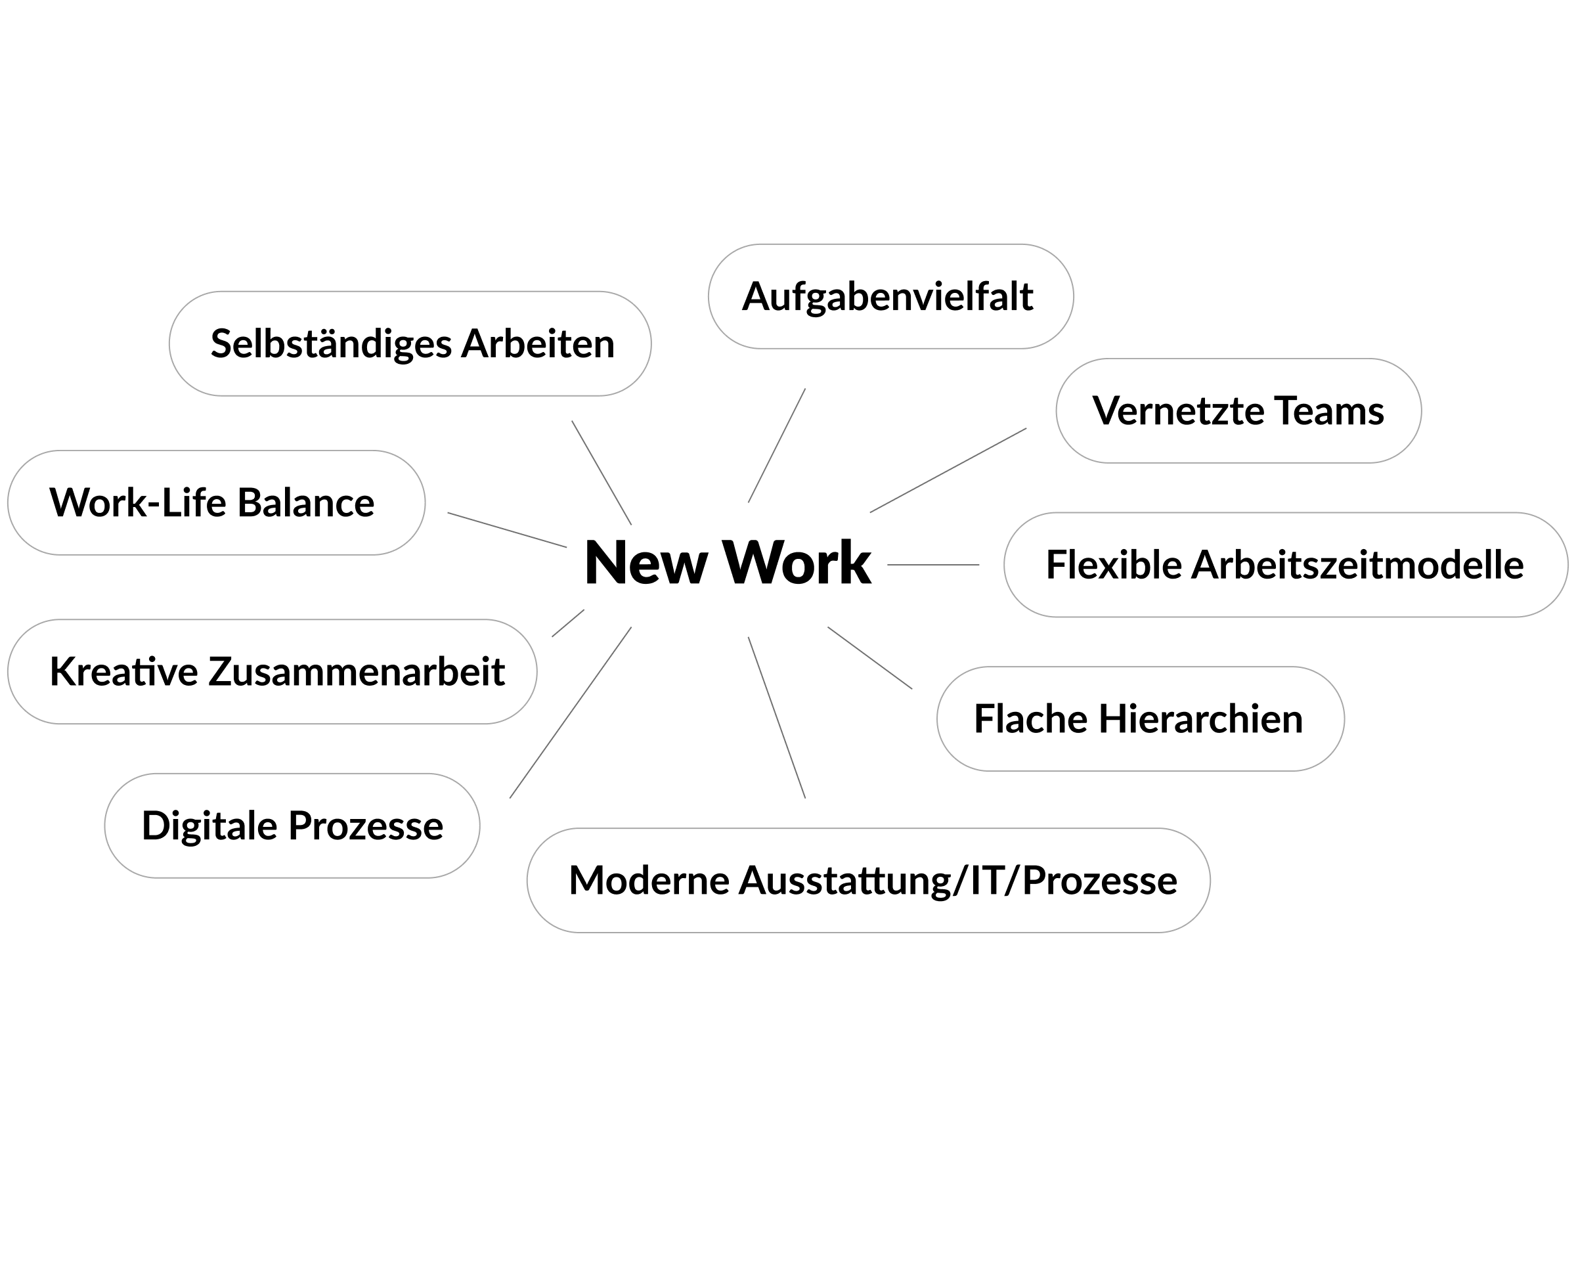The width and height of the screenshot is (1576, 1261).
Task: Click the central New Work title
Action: coord(728,563)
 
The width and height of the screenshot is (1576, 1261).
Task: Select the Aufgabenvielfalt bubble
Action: coord(890,297)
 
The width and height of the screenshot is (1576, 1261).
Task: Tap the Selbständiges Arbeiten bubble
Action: coord(410,343)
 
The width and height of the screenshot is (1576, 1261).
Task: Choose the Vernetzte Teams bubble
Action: coord(1238,411)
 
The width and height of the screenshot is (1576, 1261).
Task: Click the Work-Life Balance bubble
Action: coord(216,503)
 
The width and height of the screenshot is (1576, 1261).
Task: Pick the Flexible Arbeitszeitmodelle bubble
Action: coord(1285,565)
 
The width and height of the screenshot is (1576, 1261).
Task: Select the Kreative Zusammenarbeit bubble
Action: coord(272,672)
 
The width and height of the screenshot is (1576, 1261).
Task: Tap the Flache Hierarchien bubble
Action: coord(1139,719)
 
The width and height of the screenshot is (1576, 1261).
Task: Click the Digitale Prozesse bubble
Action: coord(292,826)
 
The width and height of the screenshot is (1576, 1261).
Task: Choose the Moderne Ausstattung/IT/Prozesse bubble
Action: coord(868,880)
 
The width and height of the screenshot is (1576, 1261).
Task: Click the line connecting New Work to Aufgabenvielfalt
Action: coord(776,446)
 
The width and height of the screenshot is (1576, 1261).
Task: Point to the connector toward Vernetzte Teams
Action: coord(948,471)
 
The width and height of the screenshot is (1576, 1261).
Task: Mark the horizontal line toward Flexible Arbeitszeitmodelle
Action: coord(932,565)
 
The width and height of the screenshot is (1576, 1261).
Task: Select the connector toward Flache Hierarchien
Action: coord(870,658)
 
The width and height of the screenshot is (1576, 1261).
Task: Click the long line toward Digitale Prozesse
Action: coord(570,713)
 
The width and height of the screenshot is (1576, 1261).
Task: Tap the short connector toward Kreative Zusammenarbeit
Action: coord(568,623)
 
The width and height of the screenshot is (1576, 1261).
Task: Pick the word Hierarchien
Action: coord(1200,719)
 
